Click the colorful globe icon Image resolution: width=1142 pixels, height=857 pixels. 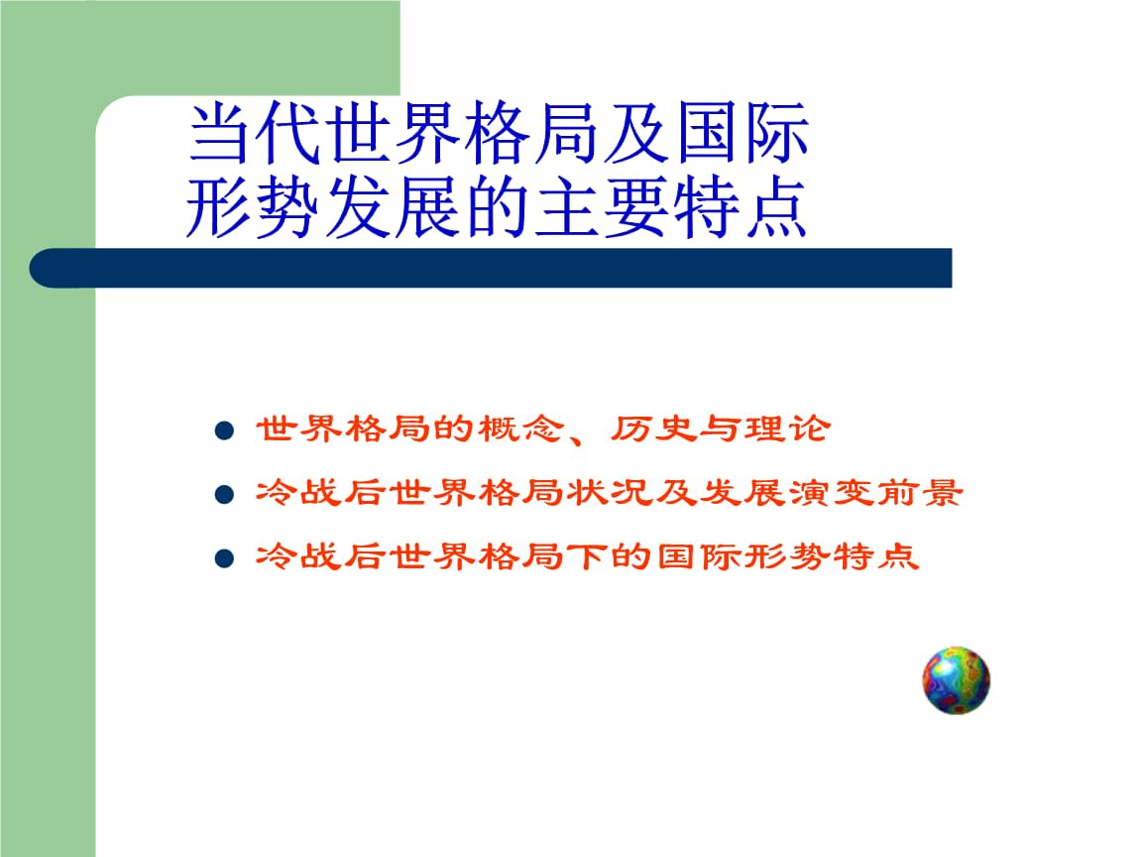coord(956,680)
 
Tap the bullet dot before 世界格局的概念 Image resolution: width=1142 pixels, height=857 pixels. coord(224,431)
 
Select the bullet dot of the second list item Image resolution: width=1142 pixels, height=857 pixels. coord(224,494)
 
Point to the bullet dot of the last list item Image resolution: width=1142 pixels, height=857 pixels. coord(224,558)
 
